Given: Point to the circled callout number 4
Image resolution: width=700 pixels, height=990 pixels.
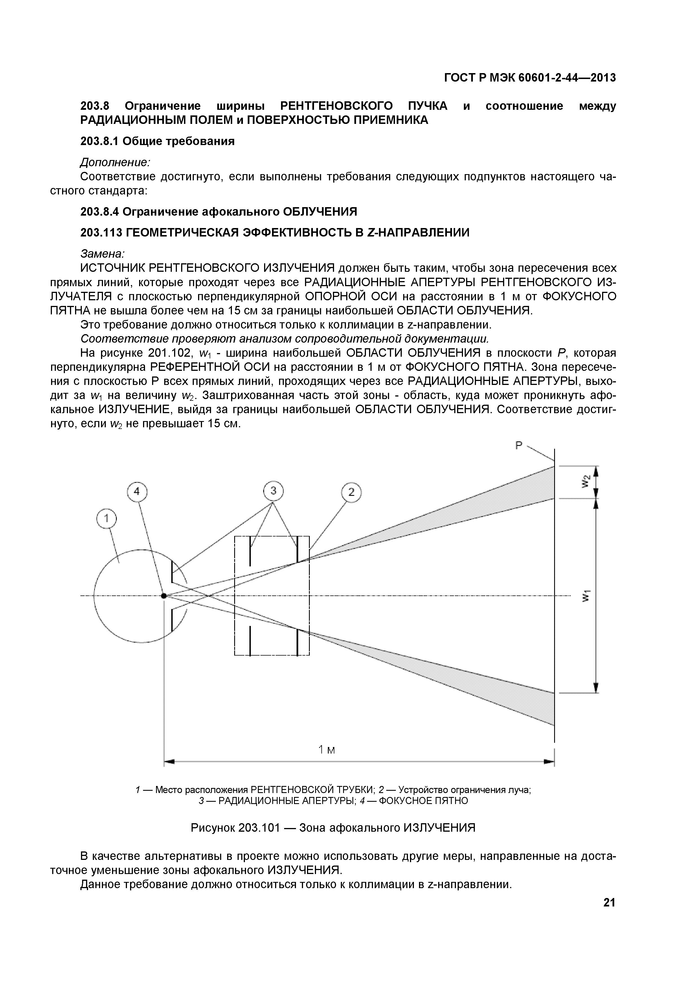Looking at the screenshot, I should (x=137, y=492).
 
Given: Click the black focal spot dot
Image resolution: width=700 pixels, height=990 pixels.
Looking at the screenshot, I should (x=164, y=595).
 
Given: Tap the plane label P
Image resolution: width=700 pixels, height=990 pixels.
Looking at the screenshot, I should (x=519, y=445).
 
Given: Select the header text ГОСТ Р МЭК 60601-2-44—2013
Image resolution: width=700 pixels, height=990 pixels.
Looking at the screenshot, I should (x=530, y=78).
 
